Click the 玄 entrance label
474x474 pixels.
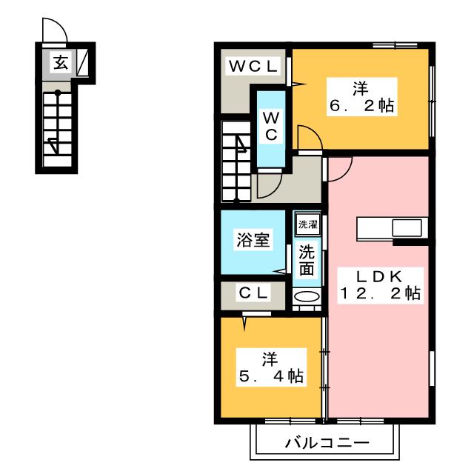point(61,63)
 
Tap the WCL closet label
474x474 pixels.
point(253,66)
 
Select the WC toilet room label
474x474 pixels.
point(271,126)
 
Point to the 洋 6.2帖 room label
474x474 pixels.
point(361,97)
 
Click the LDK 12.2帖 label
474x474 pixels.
point(380,285)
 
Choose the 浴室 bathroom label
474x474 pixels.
point(253,240)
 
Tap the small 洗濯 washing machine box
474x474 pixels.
point(308,224)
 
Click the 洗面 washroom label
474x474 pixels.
point(307,260)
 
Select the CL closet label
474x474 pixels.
point(253,293)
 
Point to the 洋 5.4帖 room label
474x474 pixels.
point(271,367)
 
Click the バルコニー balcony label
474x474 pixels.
point(327,443)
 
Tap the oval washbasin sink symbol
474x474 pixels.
point(307,296)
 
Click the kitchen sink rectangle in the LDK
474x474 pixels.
point(407,228)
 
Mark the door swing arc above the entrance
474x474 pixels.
point(60,24)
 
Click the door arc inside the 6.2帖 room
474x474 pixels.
point(314,131)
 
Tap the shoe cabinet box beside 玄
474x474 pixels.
point(82,62)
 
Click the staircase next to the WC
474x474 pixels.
point(236,161)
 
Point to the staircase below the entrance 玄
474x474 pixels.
point(58,129)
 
